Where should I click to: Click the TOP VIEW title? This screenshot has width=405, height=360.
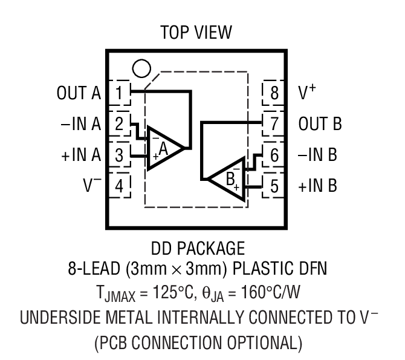196,33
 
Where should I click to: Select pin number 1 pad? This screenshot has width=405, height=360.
120,93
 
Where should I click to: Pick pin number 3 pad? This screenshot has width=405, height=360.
120,155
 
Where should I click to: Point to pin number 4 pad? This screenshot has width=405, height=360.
120,186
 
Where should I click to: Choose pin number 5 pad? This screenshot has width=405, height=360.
274,186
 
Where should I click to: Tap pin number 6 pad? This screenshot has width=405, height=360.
274,155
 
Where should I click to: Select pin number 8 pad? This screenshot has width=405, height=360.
274,93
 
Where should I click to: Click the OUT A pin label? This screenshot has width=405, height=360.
79,94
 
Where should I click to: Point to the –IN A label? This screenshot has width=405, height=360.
80,125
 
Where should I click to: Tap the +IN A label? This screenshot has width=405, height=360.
80,155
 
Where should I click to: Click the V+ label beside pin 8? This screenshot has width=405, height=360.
308,93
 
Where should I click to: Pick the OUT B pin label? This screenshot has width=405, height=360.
320,125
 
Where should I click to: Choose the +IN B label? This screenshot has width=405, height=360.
318,186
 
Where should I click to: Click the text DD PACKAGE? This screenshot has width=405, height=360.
196,248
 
